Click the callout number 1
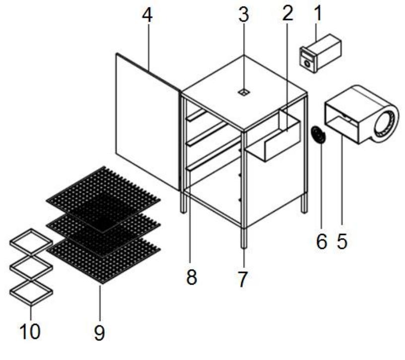[318, 15]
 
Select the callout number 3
[243, 15]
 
